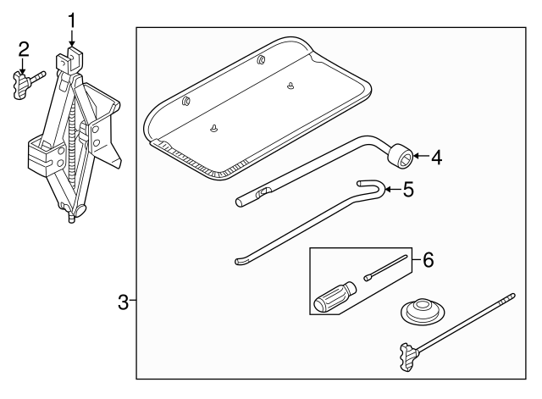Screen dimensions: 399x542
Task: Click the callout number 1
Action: point(72,19)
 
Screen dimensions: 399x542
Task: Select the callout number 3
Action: point(124,302)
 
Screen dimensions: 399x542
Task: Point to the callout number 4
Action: point(436,157)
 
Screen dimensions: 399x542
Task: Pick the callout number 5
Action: point(408,190)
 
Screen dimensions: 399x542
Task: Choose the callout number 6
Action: point(428,261)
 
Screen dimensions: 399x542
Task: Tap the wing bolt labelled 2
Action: point(25,85)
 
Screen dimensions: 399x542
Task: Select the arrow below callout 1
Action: point(72,39)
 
